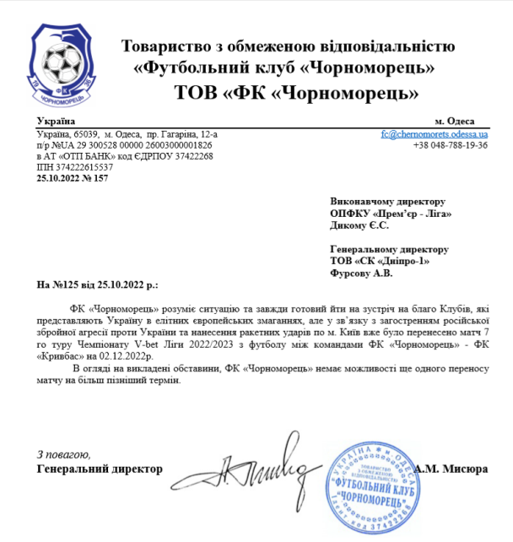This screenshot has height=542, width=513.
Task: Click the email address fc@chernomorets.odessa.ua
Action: [x=434, y=134]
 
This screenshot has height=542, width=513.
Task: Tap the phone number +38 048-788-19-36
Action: [x=450, y=145]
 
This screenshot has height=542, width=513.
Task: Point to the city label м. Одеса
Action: [x=454, y=122]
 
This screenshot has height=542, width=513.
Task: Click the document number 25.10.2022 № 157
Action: [x=73, y=178]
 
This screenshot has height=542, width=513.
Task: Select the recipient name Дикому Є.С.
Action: [x=360, y=225]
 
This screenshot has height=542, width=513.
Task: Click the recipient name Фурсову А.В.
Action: [x=361, y=273]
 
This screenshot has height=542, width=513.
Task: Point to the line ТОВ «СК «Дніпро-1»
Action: [x=381, y=261]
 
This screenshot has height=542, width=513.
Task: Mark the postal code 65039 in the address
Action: [x=88, y=134]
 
